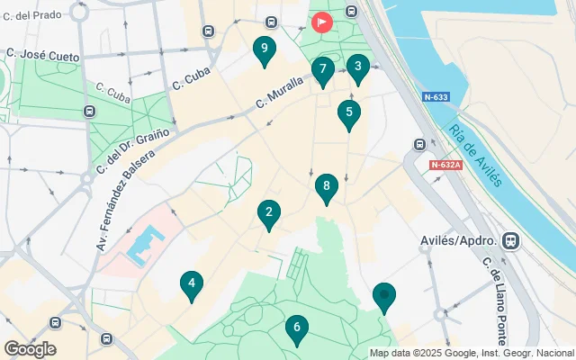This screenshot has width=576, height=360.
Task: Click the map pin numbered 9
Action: [x=264, y=50]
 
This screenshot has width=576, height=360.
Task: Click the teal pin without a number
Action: [x=384, y=297]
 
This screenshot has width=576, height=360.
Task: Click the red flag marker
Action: [x=321, y=22]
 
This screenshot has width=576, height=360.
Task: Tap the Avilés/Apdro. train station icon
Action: [x=511, y=240]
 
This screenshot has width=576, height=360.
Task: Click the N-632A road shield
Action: [x=445, y=165]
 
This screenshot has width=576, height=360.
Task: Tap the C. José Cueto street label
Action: [x=43, y=56]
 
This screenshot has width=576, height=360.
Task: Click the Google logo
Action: [x=30, y=349]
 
